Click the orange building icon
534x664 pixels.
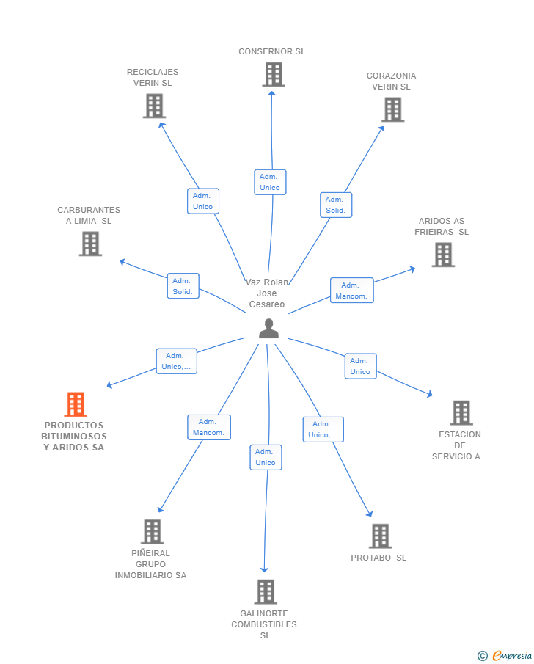click(76, 404)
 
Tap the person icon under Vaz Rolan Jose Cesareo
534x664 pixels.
click(268, 329)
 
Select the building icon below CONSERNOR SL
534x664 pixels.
click(274, 75)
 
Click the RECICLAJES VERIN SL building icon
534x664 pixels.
click(154, 106)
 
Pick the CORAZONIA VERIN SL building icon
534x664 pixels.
click(393, 109)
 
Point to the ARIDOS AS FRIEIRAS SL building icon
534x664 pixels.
click(443, 255)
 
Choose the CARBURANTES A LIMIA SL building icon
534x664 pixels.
click(91, 244)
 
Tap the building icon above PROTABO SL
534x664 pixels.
click(380, 536)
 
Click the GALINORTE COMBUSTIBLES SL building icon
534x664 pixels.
click(266, 592)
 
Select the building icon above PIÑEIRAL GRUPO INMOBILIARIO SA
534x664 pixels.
click(153, 532)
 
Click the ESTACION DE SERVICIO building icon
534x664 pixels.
click(461, 413)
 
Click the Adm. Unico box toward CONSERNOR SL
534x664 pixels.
click(270, 182)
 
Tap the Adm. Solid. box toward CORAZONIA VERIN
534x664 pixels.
click(336, 205)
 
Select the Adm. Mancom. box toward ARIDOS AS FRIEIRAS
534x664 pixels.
click(352, 291)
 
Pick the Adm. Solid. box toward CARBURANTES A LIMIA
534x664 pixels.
click(183, 286)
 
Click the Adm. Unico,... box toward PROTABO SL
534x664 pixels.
click(323, 429)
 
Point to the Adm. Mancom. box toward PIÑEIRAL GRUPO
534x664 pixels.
click(209, 427)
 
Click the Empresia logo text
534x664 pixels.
click(511, 655)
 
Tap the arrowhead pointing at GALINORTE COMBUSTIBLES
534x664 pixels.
click(264, 570)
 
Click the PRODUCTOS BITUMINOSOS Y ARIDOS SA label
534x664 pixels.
click(74, 436)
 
